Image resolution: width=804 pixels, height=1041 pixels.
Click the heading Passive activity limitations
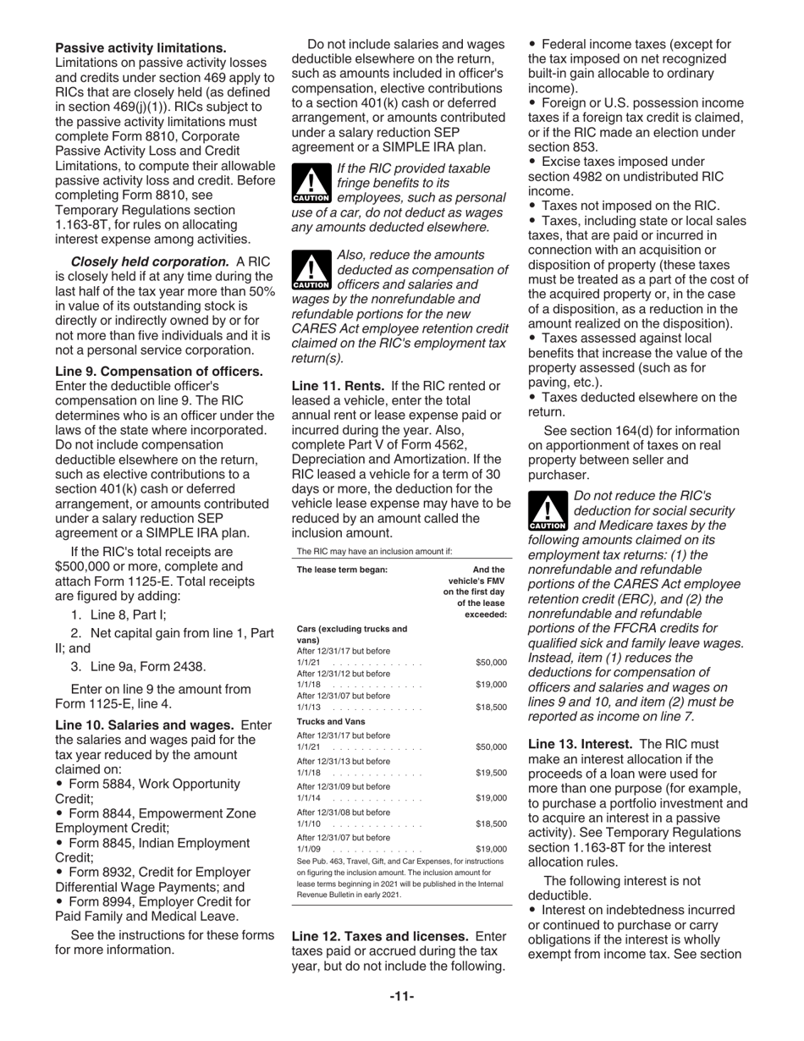[140, 48]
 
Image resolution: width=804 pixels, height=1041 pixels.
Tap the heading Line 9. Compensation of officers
[159, 372]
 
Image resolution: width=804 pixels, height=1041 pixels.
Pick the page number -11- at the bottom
[401, 996]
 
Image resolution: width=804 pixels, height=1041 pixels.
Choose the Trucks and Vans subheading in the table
[331, 721]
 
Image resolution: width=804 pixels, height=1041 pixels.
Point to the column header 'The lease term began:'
[342, 570]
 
